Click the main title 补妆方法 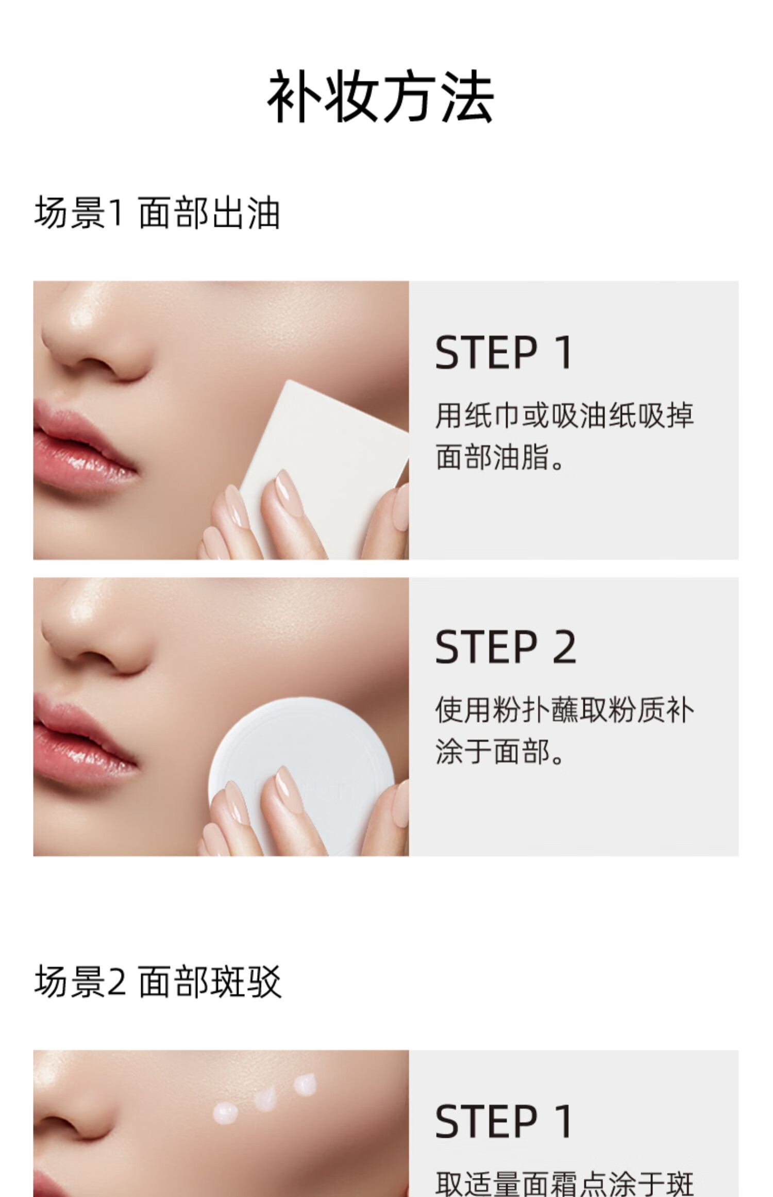(380, 96)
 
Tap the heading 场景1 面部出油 (157, 212)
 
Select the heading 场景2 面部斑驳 (158, 982)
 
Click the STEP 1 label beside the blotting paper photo (503, 352)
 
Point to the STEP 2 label (505, 647)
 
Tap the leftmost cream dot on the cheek (226, 1114)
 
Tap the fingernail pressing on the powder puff (284, 782)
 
